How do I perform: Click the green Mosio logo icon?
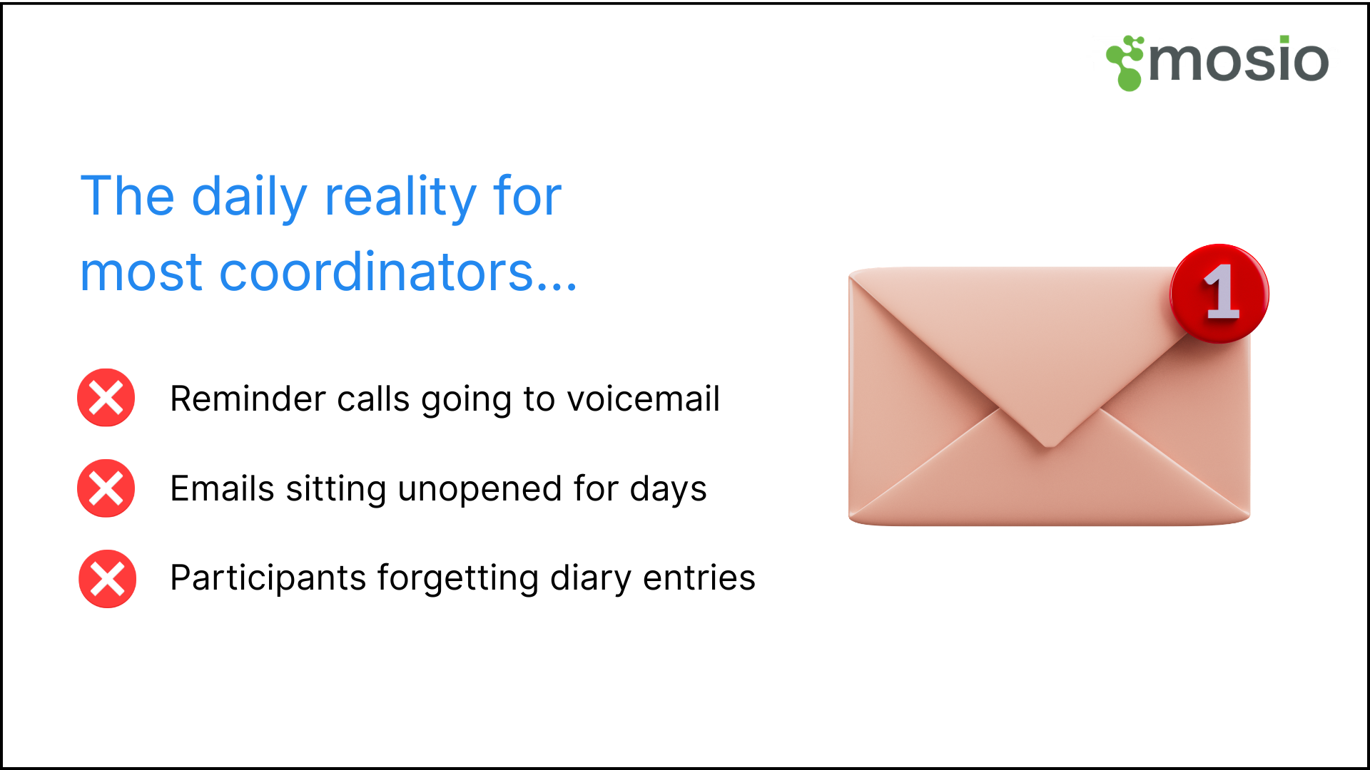pos(1125,63)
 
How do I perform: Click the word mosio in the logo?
pos(1239,61)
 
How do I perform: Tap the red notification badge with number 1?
pos(1219,293)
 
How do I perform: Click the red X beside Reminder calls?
pos(106,398)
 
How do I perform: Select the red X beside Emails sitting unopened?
pos(106,488)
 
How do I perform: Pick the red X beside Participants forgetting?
pos(107,578)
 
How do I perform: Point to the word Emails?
pos(222,489)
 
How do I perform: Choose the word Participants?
pos(268,578)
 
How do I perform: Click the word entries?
pos(699,578)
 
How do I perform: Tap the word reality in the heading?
pos(400,197)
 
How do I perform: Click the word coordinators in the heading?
pos(377,272)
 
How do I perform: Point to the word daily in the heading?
pos(250,197)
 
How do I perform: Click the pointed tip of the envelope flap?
pos(1048,444)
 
